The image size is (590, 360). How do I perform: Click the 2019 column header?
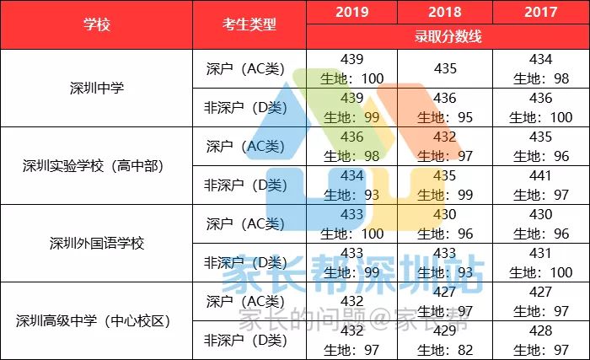click(x=351, y=13)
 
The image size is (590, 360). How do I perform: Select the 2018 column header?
click(x=444, y=13)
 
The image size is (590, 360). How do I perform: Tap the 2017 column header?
click(x=540, y=13)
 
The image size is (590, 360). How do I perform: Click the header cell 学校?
click(x=96, y=24)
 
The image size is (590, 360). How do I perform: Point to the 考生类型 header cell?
click(x=249, y=24)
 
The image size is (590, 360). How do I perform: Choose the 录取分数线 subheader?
click(x=447, y=37)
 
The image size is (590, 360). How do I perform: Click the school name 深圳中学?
click(x=96, y=88)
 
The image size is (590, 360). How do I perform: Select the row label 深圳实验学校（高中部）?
click(x=96, y=165)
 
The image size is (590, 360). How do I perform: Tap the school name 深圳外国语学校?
click(x=96, y=243)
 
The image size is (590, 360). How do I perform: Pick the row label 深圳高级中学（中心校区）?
click(x=96, y=320)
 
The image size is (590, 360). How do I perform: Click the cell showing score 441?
click(x=540, y=184)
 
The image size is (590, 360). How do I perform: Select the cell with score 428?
click(x=540, y=339)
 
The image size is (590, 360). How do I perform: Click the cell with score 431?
click(x=540, y=261)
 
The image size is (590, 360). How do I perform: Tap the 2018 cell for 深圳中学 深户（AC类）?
click(x=444, y=68)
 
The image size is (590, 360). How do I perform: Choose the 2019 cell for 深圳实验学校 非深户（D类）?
click(x=351, y=184)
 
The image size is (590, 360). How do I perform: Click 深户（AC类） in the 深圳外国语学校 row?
click(x=249, y=223)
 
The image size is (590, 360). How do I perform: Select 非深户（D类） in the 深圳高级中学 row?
click(x=249, y=340)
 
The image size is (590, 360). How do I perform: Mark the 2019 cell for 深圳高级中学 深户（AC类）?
click(x=351, y=301)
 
